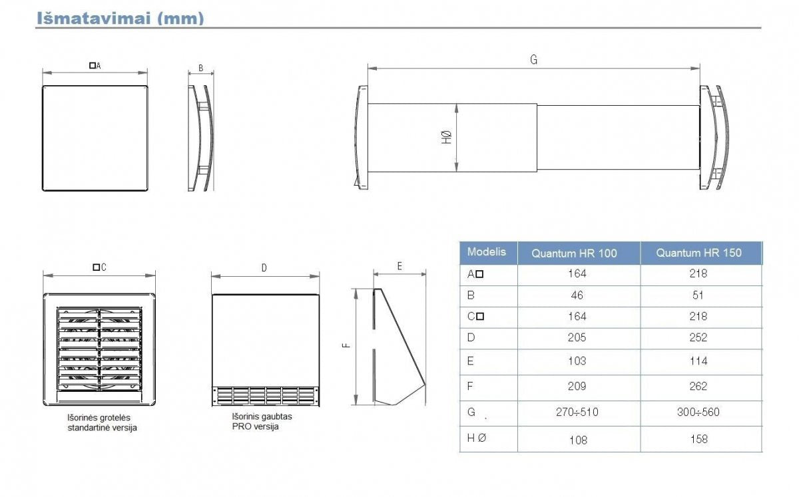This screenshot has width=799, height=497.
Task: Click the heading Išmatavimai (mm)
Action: pos(120,18)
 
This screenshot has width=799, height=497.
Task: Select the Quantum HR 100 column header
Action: pos(574,253)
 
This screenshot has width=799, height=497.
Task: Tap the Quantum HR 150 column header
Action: pos(698,253)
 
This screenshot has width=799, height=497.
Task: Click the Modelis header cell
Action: pos(487,252)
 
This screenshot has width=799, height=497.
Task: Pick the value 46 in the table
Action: pos(577,295)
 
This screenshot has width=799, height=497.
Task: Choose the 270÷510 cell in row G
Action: pos(577,412)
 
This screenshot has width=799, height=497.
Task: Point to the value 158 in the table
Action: pos(698,439)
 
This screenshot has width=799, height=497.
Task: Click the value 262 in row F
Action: pos(698,386)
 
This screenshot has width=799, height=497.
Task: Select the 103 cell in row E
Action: pos(577,361)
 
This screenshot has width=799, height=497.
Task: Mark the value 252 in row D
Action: pos(698,337)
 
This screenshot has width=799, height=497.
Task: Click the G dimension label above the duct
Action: pos(533,60)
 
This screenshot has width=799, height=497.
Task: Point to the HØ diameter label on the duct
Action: pos(446,137)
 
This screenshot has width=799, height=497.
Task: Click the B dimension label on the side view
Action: pos(201,69)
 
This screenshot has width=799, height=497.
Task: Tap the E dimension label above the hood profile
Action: pos(400,266)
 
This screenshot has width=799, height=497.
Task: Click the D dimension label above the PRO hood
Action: pos(264,268)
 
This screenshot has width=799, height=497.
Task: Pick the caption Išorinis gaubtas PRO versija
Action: pos(262,421)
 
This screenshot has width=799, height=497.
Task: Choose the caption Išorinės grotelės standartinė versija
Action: pos(102,422)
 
